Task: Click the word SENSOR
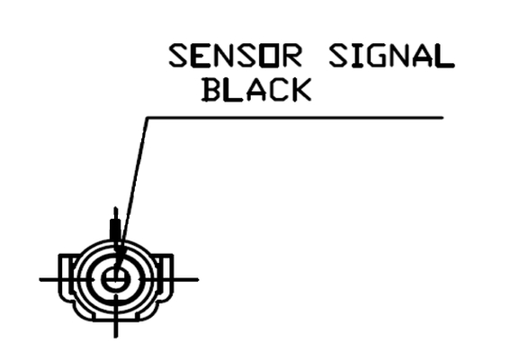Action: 235,56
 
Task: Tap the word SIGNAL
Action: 391,56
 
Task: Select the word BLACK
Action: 256,90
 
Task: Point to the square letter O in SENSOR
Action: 268,56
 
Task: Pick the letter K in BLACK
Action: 300,90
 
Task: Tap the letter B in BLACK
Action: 211,90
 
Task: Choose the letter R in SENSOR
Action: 291,56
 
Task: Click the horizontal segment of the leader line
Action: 295,118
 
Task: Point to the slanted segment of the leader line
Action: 131,194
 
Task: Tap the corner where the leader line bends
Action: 148,118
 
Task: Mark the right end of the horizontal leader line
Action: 443,118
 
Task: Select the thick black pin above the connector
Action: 115,229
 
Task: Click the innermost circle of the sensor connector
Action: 116,279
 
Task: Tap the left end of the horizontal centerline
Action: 40,279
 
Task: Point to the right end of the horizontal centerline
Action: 198,279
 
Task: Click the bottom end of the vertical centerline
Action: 115,337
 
